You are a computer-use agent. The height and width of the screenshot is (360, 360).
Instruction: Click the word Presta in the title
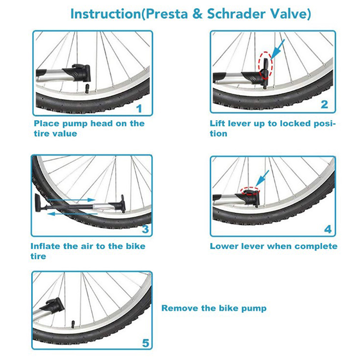click(x=166, y=14)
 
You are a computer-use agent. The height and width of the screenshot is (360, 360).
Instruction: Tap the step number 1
click(x=139, y=108)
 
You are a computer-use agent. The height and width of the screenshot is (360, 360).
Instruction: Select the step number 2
click(x=324, y=104)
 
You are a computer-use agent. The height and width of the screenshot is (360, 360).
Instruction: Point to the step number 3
click(x=145, y=229)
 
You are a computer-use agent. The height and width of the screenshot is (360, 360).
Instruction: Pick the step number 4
click(x=328, y=229)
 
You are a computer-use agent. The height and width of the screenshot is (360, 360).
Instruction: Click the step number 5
click(x=145, y=343)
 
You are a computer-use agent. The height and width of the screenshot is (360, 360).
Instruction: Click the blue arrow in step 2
click(x=278, y=49)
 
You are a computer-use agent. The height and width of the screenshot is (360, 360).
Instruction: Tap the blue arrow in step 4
click(x=262, y=178)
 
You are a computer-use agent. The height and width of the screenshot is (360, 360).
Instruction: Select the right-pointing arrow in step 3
click(x=71, y=200)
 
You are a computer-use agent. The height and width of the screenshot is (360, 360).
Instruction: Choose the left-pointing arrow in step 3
click(x=72, y=214)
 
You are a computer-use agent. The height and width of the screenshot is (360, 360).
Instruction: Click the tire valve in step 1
click(x=88, y=89)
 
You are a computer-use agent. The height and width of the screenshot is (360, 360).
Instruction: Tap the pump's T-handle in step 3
click(x=38, y=203)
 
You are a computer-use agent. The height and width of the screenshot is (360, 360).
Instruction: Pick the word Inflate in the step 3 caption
click(x=45, y=246)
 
